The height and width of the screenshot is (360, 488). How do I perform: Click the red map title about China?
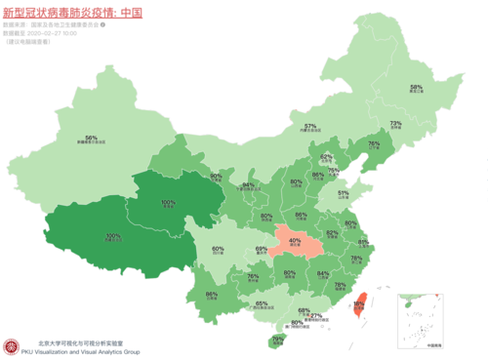point(80,12)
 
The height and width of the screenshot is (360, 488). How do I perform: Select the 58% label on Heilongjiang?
point(416,88)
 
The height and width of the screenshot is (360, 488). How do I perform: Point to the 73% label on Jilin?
point(395,124)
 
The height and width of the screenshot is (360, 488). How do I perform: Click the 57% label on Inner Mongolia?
point(310,126)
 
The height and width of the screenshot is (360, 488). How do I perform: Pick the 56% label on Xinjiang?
point(91,138)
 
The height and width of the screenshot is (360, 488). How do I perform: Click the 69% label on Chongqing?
point(262,250)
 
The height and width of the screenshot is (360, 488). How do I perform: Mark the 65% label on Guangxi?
point(262,303)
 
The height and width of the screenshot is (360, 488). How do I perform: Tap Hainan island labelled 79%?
point(278,340)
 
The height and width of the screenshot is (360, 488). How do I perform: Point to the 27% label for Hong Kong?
point(315,315)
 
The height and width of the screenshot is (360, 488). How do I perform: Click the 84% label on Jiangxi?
point(321,274)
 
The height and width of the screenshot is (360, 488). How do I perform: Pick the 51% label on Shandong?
point(342,193)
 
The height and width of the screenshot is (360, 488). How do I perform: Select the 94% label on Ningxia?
point(248,184)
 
